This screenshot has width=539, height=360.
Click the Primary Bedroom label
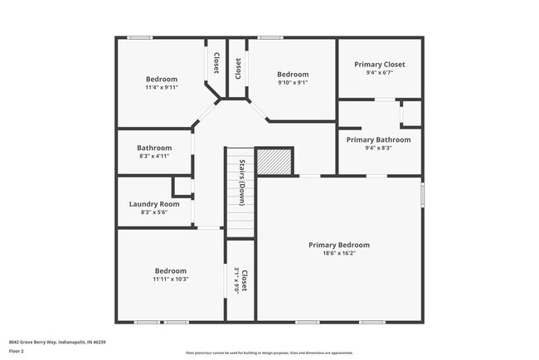point(338,245)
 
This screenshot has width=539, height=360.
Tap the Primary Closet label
point(379,64)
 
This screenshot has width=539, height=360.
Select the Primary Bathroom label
point(379,139)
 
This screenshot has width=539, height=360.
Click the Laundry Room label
point(154,204)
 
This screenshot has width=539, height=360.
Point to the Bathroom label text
point(154,148)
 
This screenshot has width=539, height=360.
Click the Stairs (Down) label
point(241,182)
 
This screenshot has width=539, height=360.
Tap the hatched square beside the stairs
point(274,161)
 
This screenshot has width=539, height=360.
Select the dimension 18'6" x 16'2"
point(338,254)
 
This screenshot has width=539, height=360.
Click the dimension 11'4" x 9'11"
point(162,87)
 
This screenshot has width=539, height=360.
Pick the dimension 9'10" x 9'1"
point(292,82)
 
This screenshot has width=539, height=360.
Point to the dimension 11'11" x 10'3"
point(170,279)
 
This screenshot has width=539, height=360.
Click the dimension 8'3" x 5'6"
point(154,212)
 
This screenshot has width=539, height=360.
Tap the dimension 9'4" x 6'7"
point(379,72)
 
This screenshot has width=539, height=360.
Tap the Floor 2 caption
point(17,352)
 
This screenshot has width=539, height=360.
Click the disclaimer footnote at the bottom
point(269,353)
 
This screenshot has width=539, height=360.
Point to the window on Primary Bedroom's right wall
point(422,195)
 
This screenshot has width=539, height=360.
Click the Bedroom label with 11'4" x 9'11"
point(162,79)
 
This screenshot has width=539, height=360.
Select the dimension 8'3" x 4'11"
point(154,156)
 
